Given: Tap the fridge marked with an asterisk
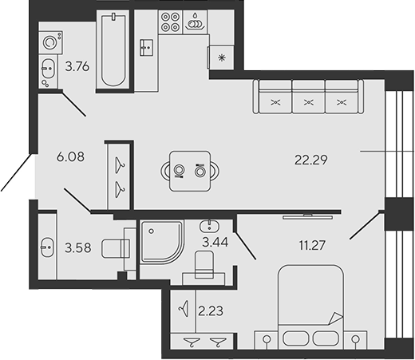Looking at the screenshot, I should tap(219, 57).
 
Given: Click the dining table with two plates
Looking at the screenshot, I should tap(190, 169).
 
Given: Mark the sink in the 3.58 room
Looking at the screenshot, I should tap(45, 247).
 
